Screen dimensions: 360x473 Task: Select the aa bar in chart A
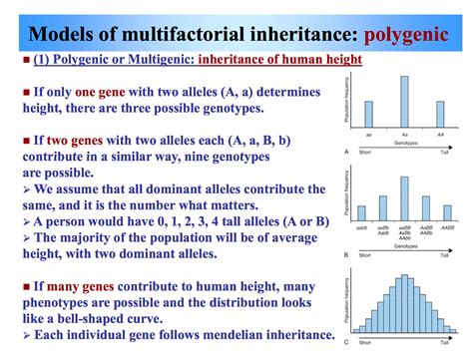[x=368, y=119]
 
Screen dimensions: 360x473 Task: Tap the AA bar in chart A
[x=440, y=119]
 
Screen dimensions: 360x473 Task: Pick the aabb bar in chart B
[x=361, y=213]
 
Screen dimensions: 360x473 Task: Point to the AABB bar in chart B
[x=448, y=213]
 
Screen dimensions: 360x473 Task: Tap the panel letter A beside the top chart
[x=345, y=152]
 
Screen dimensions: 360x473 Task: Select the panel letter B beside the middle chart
[x=345, y=254]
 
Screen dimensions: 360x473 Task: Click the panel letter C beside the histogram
[x=345, y=345]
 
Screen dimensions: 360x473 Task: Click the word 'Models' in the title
[x=59, y=23]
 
